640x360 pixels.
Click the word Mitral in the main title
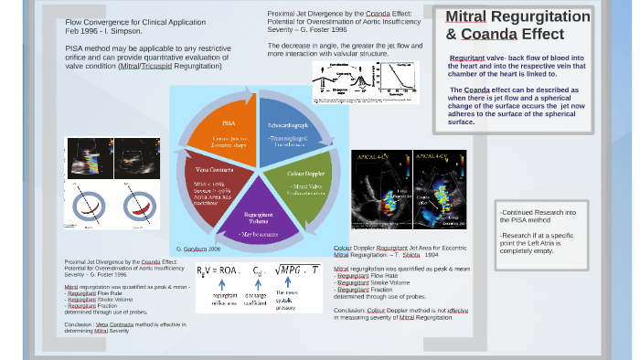(x=465, y=16)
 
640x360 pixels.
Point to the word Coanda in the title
(x=489, y=35)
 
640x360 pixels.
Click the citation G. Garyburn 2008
(x=198, y=249)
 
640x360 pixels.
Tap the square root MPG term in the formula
(x=298, y=270)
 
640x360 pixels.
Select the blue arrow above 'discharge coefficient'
(x=258, y=284)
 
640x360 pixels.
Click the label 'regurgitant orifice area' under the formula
(x=225, y=299)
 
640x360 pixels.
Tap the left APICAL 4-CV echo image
(x=380, y=189)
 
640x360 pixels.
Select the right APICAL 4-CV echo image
(x=439, y=189)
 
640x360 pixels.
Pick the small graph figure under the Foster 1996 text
(x=365, y=81)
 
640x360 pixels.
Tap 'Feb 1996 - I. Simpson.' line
(x=103, y=31)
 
